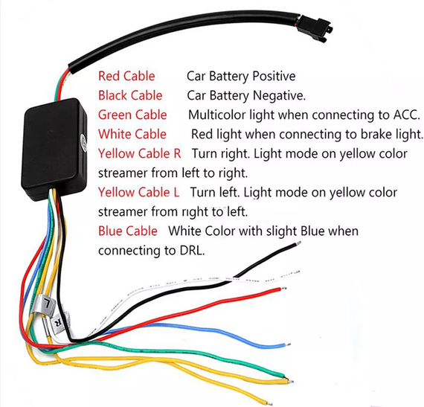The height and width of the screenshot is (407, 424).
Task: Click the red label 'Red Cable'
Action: [x=126, y=76]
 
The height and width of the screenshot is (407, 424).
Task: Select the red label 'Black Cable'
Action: [x=130, y=95]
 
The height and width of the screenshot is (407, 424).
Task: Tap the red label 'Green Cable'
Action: [x=132, y=115]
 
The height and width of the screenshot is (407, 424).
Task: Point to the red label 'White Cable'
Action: [x=132, y=134]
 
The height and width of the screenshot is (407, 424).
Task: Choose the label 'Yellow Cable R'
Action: [x=140, y=153]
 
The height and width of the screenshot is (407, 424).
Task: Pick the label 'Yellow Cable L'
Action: [x=138, y=192]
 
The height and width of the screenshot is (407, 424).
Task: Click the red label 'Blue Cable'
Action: [x=128, y=231]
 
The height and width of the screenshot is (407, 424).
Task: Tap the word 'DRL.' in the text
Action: [x=192, y=251]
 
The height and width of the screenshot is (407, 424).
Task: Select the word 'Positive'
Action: [x=274, y=76]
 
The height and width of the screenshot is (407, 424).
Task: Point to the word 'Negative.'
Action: [x=280, y=96]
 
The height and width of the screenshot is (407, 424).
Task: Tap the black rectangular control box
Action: [x=54, y=150]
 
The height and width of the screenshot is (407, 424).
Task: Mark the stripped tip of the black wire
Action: [x=298, y=243]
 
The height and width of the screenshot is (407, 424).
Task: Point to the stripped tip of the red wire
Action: [x=284, y=289]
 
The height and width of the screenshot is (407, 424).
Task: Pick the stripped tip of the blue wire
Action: [x=288, y=344]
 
